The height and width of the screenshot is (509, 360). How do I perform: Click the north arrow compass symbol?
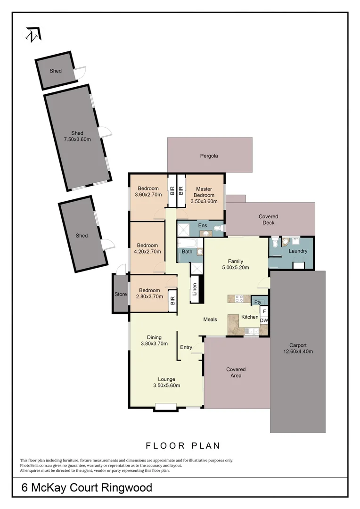tap(33, 34)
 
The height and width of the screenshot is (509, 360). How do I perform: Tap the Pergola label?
tap(208, 156)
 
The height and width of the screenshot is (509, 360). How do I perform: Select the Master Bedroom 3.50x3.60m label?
tap(204, 195)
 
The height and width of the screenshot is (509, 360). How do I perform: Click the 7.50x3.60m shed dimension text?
tap(77, 140)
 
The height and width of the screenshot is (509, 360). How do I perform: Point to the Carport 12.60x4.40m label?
tap(298, 348)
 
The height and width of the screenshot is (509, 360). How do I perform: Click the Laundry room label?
tap(298, 251)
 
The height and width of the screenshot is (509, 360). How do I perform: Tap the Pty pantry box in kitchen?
tap(258, 302)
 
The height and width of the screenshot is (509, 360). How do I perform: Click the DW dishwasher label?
tap(264, 320)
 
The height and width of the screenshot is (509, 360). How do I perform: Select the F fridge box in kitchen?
tap(264, 311)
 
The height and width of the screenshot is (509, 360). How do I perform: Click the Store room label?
tap(121, 295)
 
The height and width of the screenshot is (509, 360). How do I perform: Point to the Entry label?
tap(186, 347)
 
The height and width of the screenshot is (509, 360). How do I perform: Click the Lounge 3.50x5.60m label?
tap(167, 382)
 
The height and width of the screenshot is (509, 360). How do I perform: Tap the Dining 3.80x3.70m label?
tap(154, 340)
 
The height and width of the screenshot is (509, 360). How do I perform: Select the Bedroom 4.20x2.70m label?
tap(148, 248)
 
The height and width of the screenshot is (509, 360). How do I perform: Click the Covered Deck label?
tap(268, 220)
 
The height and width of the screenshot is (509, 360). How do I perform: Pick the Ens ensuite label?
tap(203, 226)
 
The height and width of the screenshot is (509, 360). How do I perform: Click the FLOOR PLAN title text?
tap(183, 445)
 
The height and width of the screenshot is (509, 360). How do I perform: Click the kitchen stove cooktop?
tap(235, 298)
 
